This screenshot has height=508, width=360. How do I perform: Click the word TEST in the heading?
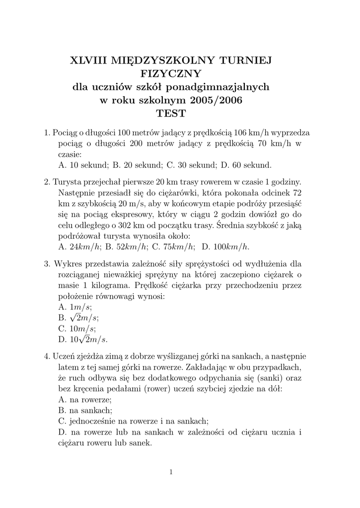171,114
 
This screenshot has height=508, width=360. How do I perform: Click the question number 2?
47,181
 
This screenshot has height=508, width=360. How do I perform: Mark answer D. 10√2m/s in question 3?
82,340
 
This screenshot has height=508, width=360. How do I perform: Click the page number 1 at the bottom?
171,472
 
